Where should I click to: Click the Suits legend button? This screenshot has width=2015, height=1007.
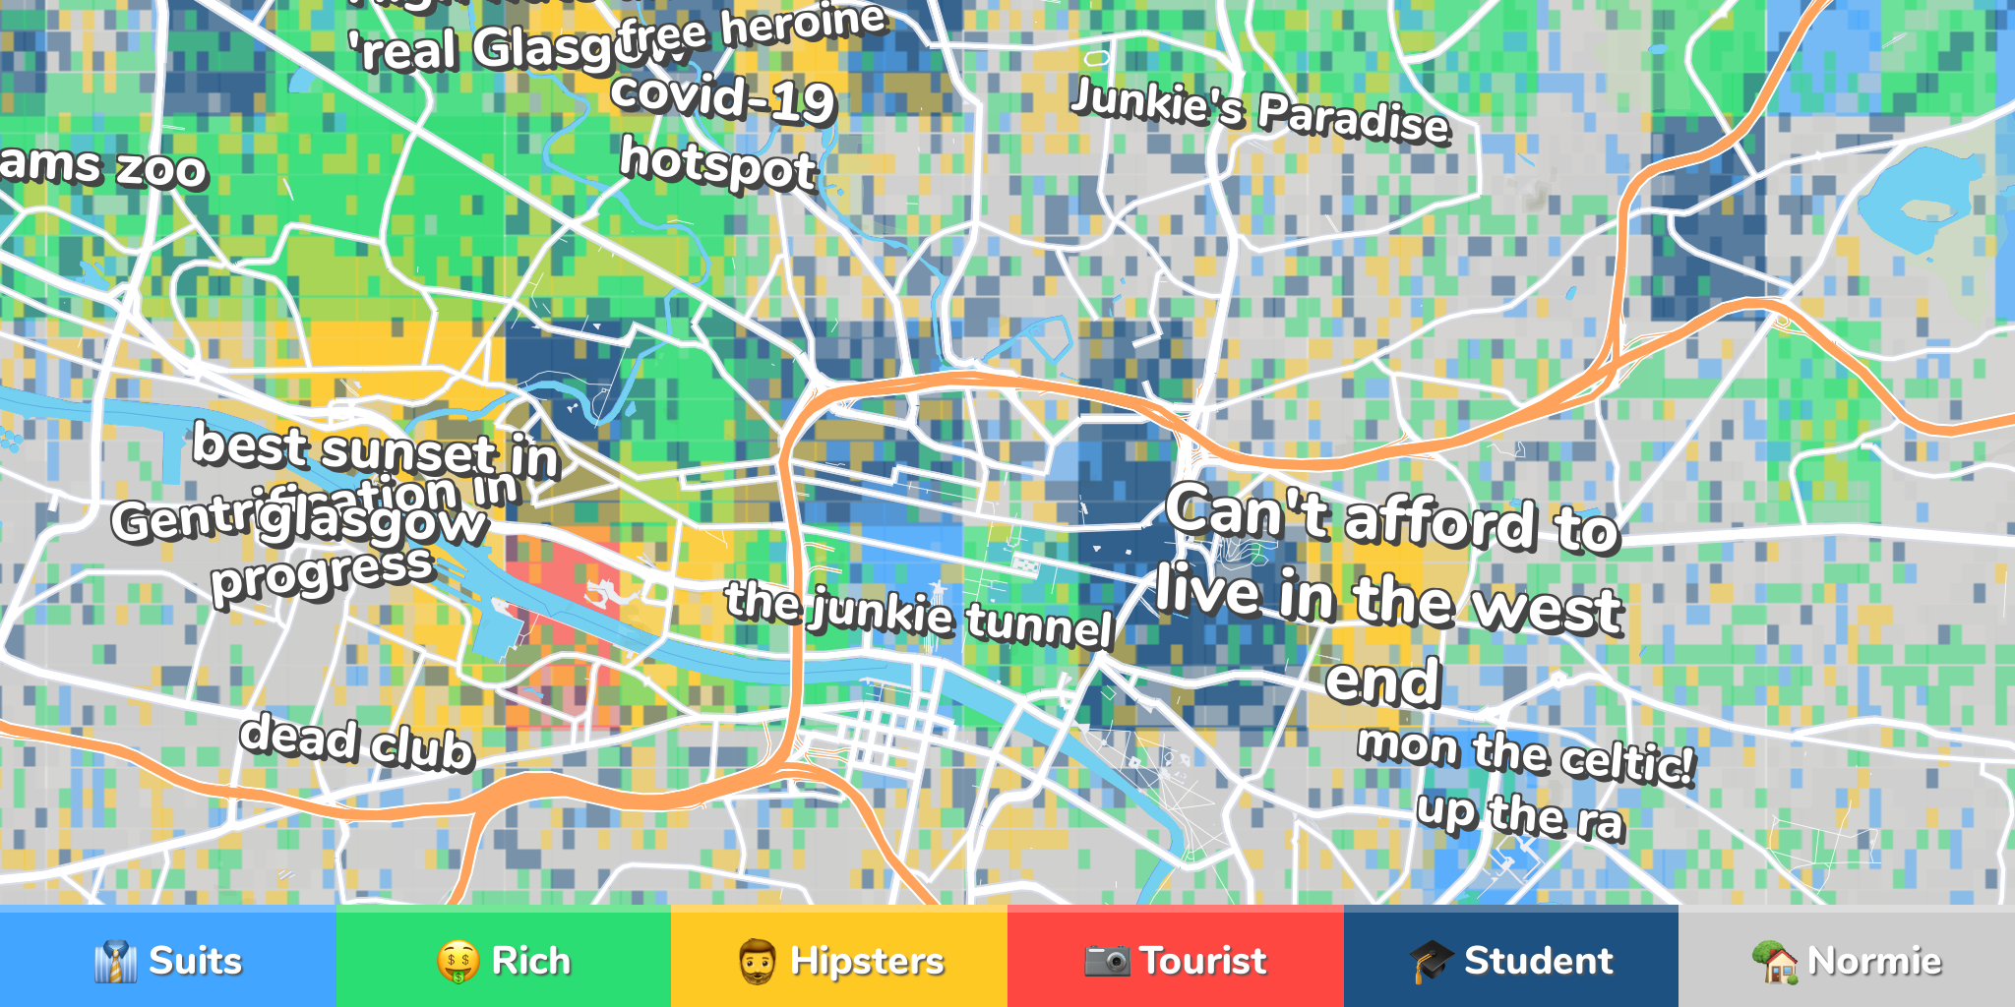point(168,959)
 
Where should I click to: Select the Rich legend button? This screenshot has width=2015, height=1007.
point(504,959)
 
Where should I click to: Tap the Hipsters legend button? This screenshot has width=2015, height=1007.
point(839,959)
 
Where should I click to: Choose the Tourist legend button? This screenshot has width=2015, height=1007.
point(1175,959)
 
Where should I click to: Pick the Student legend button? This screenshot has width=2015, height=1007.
point(1511,959)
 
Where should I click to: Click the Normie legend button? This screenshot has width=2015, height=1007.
point(1847,959)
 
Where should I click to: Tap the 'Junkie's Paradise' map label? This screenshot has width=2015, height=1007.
point(1259,111)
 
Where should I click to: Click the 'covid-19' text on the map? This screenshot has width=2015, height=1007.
point(723,98)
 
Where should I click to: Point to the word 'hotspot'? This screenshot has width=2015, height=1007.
point(718,163)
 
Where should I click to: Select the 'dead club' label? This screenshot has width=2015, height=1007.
point(357,742)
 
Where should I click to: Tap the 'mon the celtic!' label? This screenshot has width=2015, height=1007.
point(1526,754)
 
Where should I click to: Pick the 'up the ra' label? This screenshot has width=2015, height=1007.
point(1520,815)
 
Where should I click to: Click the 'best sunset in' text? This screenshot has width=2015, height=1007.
point(375,450)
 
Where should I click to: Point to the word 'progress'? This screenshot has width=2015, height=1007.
point(323,574)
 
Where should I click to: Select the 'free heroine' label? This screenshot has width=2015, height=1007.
point(753,30)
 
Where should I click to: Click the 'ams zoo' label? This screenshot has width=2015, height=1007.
point(103,165)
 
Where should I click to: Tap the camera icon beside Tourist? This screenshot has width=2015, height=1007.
point(1107,960)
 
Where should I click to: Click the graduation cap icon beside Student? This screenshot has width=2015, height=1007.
point(1431,960)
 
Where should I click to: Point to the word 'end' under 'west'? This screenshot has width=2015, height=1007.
point(1382,681)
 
